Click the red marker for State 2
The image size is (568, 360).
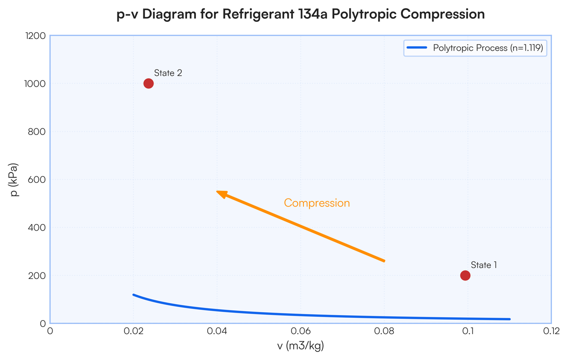(x=148, y=83)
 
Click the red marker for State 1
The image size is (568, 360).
(x=465, y=275)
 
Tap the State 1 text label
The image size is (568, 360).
(x=483, y=265)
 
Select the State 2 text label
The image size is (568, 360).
(x=168, y=73)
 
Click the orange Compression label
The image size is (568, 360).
(x=317, y=203)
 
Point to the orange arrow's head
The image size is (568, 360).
(x=218, y=192)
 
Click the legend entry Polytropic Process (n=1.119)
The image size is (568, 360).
(x=488, y=48)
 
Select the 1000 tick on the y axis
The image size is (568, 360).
(x=35, y=84)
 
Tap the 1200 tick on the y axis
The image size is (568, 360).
(x=35, y=36)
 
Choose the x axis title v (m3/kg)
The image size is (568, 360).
(x=301, y=347)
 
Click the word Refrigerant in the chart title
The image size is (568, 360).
(x=254, y=14)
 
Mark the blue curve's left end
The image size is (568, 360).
(x=134, y=295)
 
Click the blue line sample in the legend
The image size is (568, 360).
(x=417, y=48)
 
